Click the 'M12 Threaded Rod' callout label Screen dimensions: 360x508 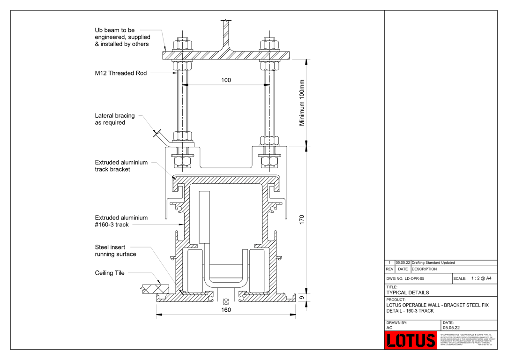tap(121, 73)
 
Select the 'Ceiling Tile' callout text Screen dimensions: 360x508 tap(110, 273)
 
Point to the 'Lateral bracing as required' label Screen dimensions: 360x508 tap(115, 119)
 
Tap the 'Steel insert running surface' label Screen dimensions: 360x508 tap(115, 251)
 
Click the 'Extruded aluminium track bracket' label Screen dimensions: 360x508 tap(121, 166)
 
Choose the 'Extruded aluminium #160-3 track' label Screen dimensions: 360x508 tap(121, 221)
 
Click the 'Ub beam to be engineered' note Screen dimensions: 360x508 tap(122, 37)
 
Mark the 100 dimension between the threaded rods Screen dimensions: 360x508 tap(226, 80)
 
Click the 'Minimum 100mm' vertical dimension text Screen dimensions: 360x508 tap(302, 102)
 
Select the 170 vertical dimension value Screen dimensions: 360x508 tap(302, 219)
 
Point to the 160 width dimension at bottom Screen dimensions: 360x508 tap(226, 310)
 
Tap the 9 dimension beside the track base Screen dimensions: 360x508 tap(302, 297)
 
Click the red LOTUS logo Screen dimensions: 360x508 tap(411, 340)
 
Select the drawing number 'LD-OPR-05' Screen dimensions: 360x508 tap(414, 278)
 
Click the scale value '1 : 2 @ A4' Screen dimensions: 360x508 tap(481, 278)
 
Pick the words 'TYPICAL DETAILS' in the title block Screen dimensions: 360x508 tap(408, 292)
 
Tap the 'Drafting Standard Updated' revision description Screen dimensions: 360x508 tap(433, 263)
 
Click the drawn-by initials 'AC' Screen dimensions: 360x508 tap(389, 328)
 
